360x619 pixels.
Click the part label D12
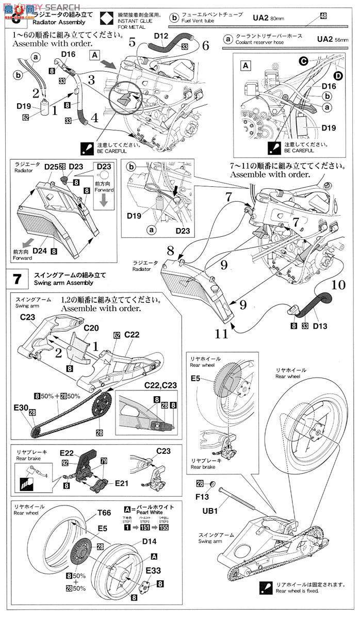pos(161,36)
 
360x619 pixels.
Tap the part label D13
pos(320,312)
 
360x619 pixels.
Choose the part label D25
pos(51,167)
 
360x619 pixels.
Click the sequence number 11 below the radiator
pos(222,333)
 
